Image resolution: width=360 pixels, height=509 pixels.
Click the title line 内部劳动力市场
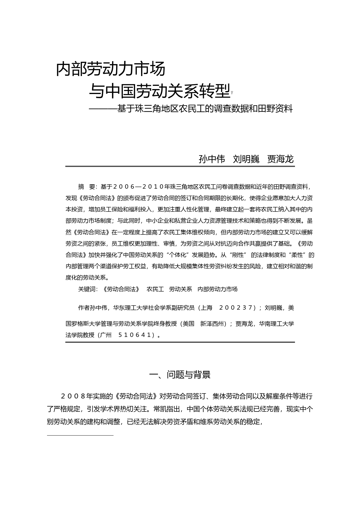111,69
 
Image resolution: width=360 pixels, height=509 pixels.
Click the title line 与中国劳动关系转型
159,91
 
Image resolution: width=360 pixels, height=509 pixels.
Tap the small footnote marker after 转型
232,93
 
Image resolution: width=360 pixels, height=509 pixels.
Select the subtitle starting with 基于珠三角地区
205,109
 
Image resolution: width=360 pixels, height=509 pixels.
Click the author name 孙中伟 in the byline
212,159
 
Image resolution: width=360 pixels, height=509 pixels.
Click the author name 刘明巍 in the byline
246,159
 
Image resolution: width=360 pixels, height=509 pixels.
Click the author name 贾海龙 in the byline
280,159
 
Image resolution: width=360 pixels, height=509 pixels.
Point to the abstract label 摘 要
87,187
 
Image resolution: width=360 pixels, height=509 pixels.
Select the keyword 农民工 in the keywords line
155,289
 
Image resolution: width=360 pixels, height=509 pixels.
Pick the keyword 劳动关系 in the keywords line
181,289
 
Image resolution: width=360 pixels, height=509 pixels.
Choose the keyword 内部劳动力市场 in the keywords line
217,289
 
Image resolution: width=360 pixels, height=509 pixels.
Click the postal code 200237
236,308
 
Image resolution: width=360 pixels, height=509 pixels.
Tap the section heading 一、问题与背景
180,375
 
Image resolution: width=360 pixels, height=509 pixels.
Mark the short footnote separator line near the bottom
80,435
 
